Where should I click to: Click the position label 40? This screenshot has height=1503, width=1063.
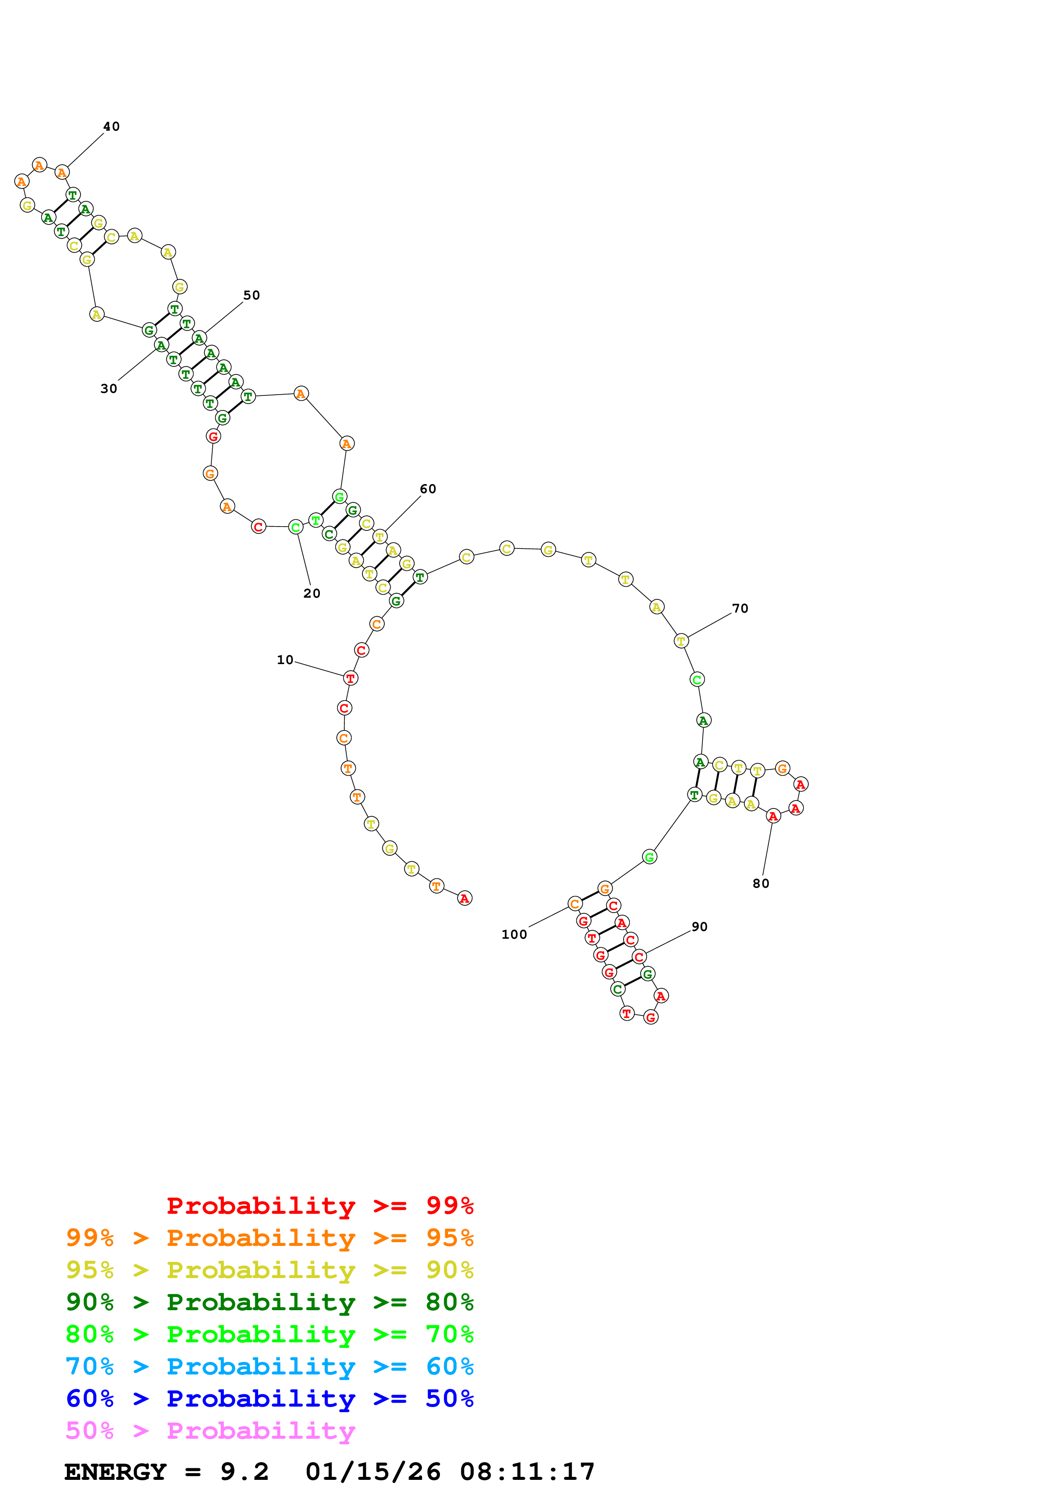coord(111,127)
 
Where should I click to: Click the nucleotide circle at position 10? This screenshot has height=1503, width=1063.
coord(350,678)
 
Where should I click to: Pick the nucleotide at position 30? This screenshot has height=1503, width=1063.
coord(161,345)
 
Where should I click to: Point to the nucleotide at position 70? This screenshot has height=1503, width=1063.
coord(681,641)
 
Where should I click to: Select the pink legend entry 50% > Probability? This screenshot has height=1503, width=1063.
coord(210,1431)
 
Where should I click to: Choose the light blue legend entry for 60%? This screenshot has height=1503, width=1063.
coord(269,1367)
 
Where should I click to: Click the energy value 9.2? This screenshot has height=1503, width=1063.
coord(244,1472)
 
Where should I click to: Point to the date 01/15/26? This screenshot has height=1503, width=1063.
coord(373,1472)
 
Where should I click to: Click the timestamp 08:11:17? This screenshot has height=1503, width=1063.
coord(527,1472)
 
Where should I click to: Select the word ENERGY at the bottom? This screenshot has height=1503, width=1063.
coord(115,1472)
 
